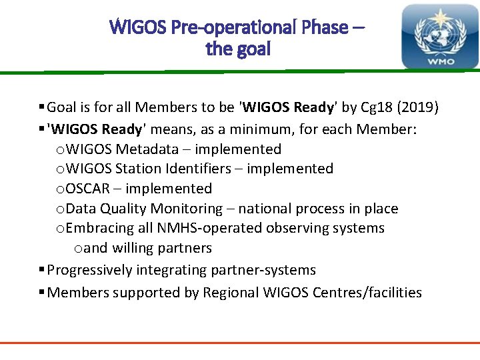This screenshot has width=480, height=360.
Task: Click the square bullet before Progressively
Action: [42, 270]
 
